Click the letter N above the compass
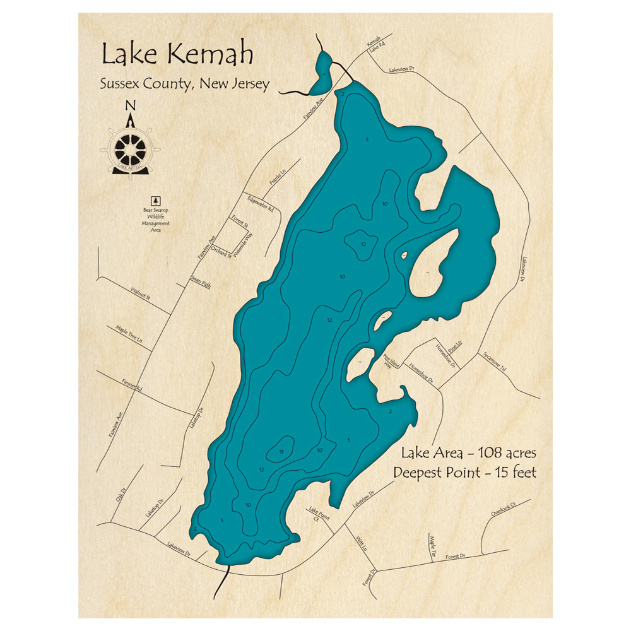131,105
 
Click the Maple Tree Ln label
129,334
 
